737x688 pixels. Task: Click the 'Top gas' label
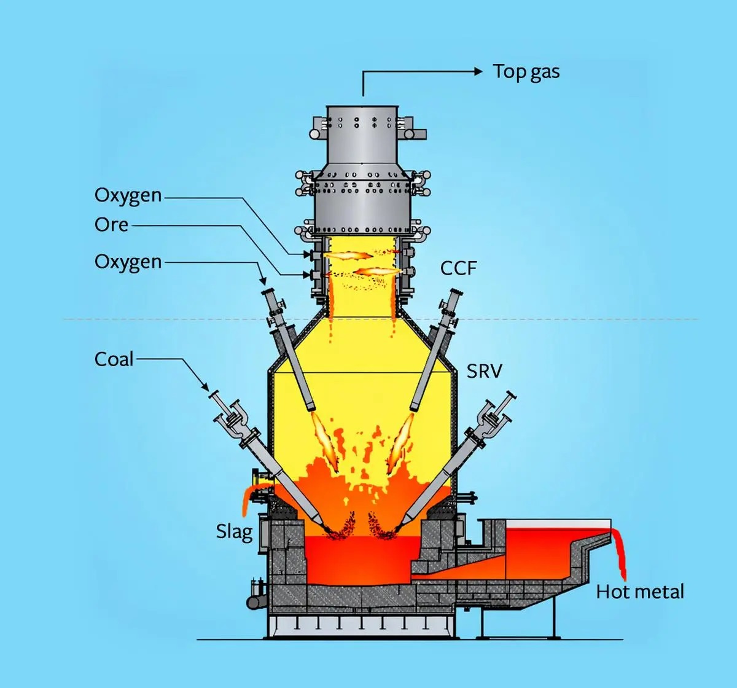click(526, 72)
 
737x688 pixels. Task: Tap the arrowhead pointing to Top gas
click(478, 71)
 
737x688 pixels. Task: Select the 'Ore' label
click(111, 225)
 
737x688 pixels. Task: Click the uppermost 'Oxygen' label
click(128, 195)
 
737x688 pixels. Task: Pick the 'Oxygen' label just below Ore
click(128, 262)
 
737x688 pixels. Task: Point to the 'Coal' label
click(114, 359)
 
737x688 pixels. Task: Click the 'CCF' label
click(458, 268)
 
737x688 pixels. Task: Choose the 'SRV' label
click(484, 371)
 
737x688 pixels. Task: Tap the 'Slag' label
click(234, 531)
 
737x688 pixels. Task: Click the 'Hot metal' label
click(640, 592)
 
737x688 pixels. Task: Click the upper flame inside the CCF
click(348, 255)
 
